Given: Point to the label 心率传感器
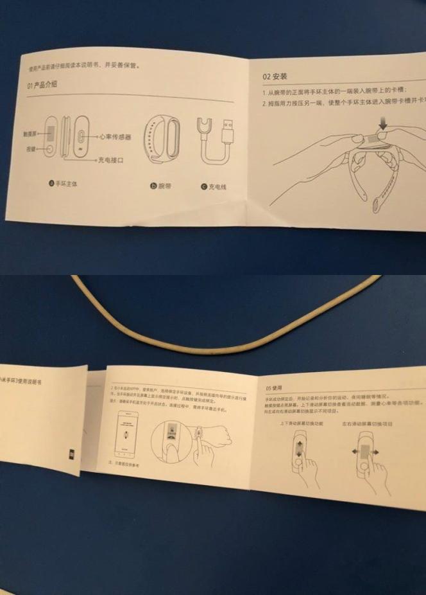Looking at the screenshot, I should click(x=119, y=136).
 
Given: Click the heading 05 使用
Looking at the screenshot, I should click(x=273, y=388).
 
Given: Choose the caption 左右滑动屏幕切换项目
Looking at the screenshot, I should click(x=368, y=424).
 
